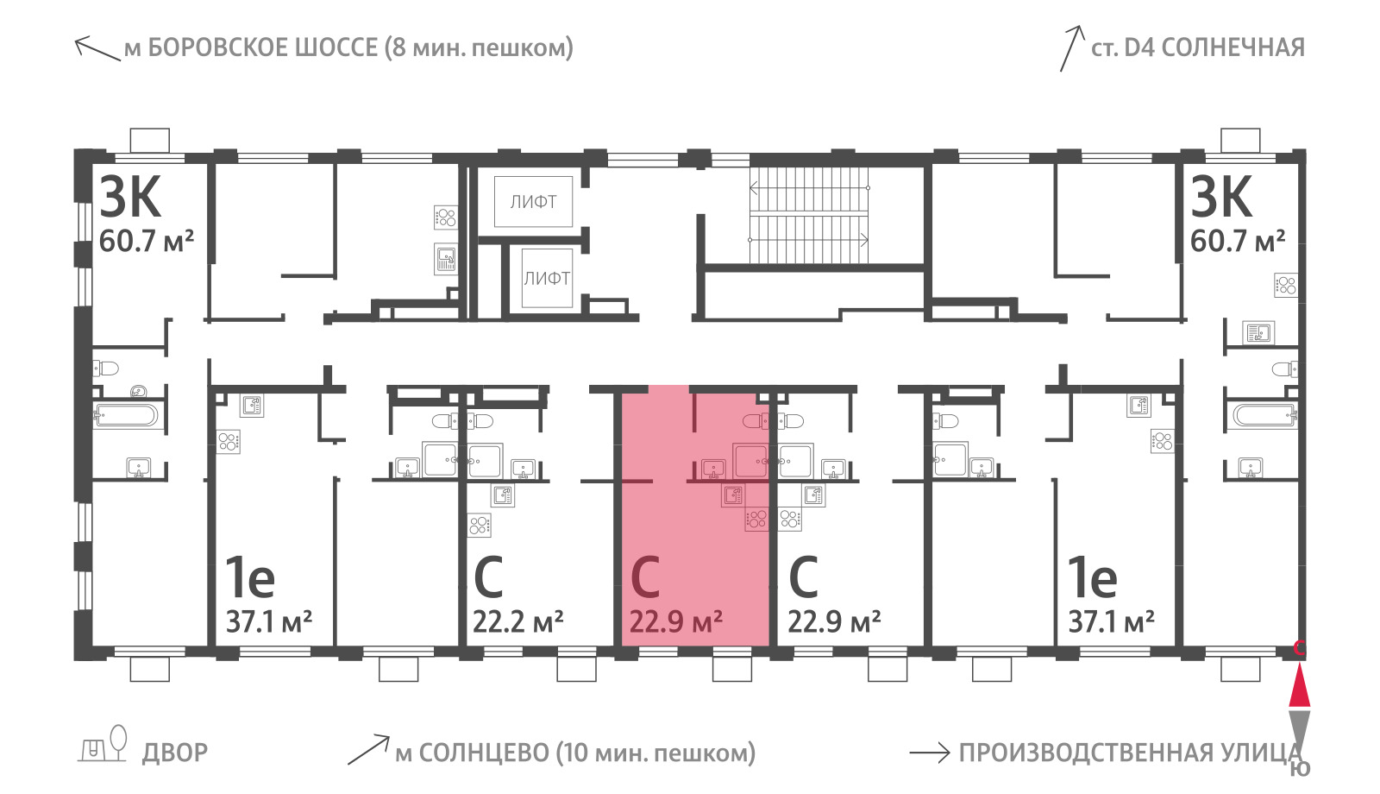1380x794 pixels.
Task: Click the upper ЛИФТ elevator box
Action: (x=534, y=201)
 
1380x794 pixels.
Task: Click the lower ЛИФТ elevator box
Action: (x=547, y=278)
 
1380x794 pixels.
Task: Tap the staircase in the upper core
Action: (x=809, y=214)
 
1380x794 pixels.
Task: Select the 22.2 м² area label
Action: (x=517, y=621)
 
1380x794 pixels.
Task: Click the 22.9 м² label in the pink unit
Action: (x=676, y=621)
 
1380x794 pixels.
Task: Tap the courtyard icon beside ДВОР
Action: (x=103, y=745)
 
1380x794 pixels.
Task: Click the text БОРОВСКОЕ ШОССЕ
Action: (x=263, y=47)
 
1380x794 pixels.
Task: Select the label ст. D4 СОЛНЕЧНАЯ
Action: (x=1198, y=47)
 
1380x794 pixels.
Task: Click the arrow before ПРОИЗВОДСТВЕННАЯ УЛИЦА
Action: (x=930, y=753)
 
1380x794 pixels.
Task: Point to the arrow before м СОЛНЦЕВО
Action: (x=368, y=750)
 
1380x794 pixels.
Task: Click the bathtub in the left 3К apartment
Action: (x=126, y=415)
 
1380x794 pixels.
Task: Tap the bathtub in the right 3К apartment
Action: (x=1264, y=415)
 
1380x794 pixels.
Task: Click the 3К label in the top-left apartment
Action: (x=130, y=197)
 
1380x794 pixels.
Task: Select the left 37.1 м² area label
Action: (x=268, y=621)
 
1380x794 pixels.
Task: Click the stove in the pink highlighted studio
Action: (x=756, y=520)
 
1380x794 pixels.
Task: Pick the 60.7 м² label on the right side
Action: (x=1238, y=241)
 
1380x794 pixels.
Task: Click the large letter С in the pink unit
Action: (x=646, y=577)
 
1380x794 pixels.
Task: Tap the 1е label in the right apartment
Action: (x=1092, y=577)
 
